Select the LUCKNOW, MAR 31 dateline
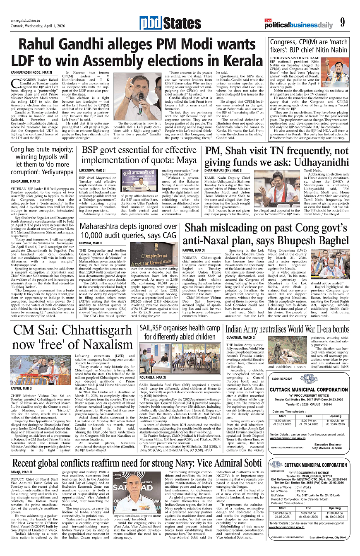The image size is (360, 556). tap(93, 171)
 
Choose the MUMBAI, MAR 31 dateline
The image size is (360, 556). tap(92, 243)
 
